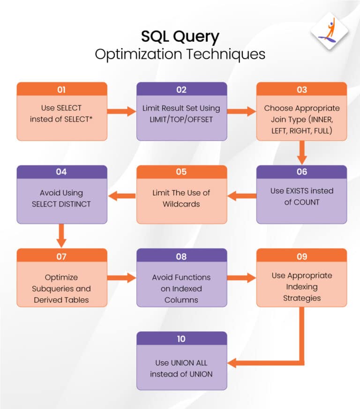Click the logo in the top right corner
(330, 31)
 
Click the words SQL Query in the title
(180, 37)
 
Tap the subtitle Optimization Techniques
(180, 54)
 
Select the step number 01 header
(61, 89)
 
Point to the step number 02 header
(181, 89)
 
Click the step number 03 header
(301, 89)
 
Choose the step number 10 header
(181, 339)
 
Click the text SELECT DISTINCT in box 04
(61, 204)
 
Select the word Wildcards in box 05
(181, 204)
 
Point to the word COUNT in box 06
(307, 202)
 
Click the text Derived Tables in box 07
(61, 300)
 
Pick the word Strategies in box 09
(301, 298)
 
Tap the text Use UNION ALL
(181, 363)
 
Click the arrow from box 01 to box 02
(121, 112)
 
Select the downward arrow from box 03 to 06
(301, 152)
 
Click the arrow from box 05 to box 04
(121, 195)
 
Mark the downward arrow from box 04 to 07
(61, 235)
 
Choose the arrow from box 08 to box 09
(241, 278)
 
